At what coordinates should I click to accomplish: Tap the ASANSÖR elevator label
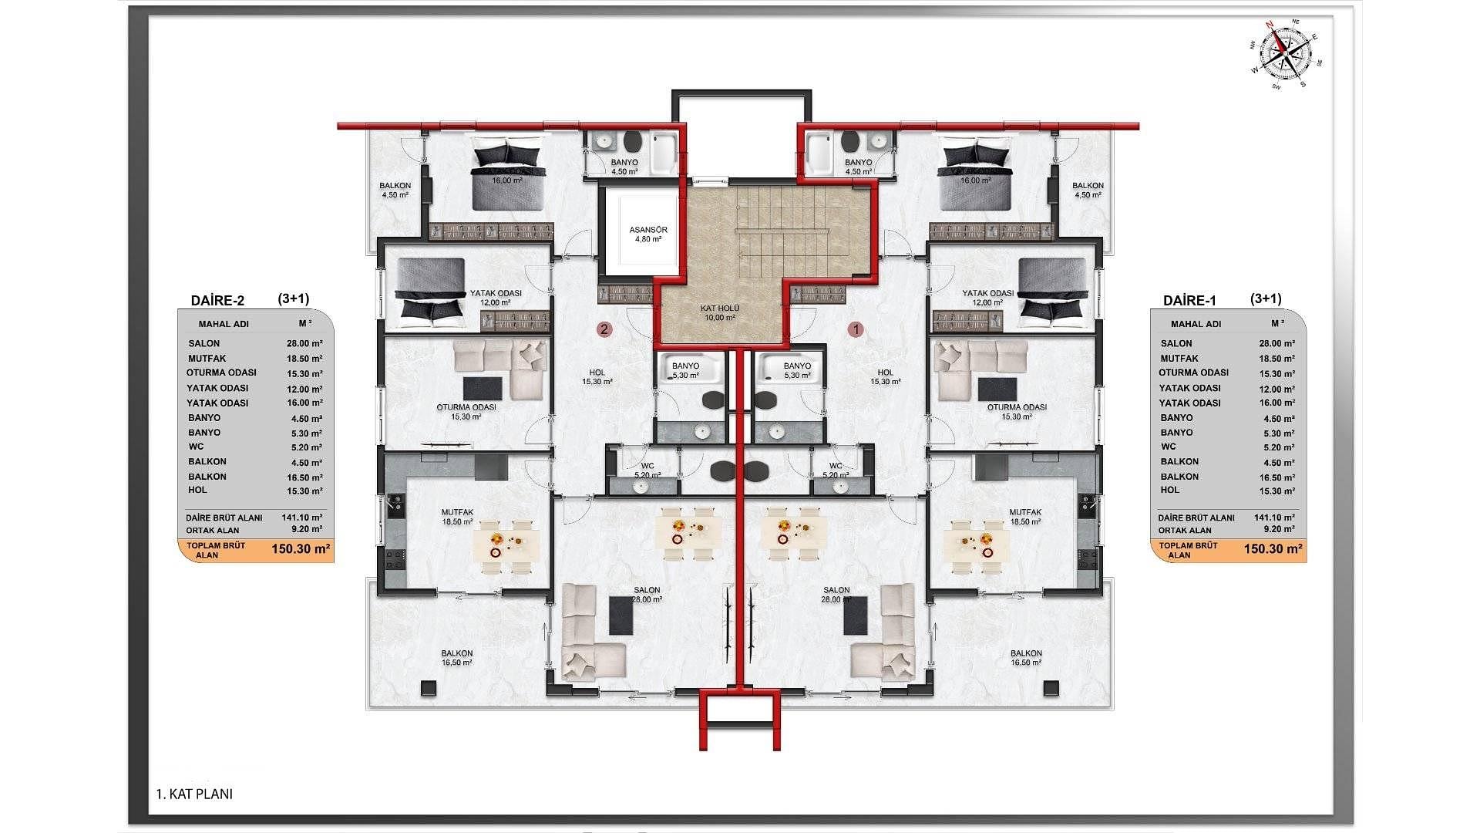(648, 234)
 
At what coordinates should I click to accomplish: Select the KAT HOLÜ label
(720, 312)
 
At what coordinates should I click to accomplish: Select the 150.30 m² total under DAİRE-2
(301, 550)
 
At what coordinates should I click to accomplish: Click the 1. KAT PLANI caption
(194, 794)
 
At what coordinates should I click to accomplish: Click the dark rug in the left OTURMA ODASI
(483, 388)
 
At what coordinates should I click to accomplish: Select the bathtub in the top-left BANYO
(664, 153)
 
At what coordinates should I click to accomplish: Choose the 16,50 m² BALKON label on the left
(457, 657)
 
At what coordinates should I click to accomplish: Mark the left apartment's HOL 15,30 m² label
(597, 376)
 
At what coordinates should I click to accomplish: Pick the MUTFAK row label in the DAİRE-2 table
(207, 359)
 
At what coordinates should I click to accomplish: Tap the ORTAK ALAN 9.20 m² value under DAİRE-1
(1276, 530)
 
